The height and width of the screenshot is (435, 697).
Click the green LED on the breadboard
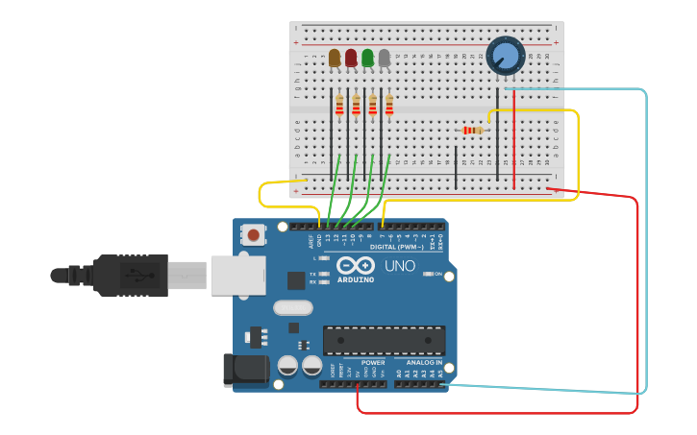[367, 59]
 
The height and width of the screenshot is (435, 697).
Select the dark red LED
[351, 59]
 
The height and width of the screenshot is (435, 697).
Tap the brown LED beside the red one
[335, 59]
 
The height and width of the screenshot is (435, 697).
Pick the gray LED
[385, 59]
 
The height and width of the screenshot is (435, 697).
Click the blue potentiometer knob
[504, 55]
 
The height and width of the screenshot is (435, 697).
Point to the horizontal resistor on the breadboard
[472, 130]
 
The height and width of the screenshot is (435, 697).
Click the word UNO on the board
[400, 266]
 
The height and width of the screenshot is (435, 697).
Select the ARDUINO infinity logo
[354, 266]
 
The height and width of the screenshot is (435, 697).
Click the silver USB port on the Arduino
[236, 276]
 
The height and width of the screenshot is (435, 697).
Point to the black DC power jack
[245, 371]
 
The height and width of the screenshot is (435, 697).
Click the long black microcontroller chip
[384, 340]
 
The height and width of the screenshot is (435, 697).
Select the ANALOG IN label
[424, 363]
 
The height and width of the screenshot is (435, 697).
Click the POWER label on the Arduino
[372, 363]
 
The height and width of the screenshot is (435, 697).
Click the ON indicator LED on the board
[426, 275]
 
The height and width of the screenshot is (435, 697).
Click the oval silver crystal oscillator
[292, 308]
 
